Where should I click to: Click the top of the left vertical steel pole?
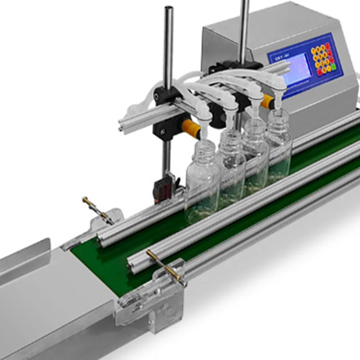tap(168, 9)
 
